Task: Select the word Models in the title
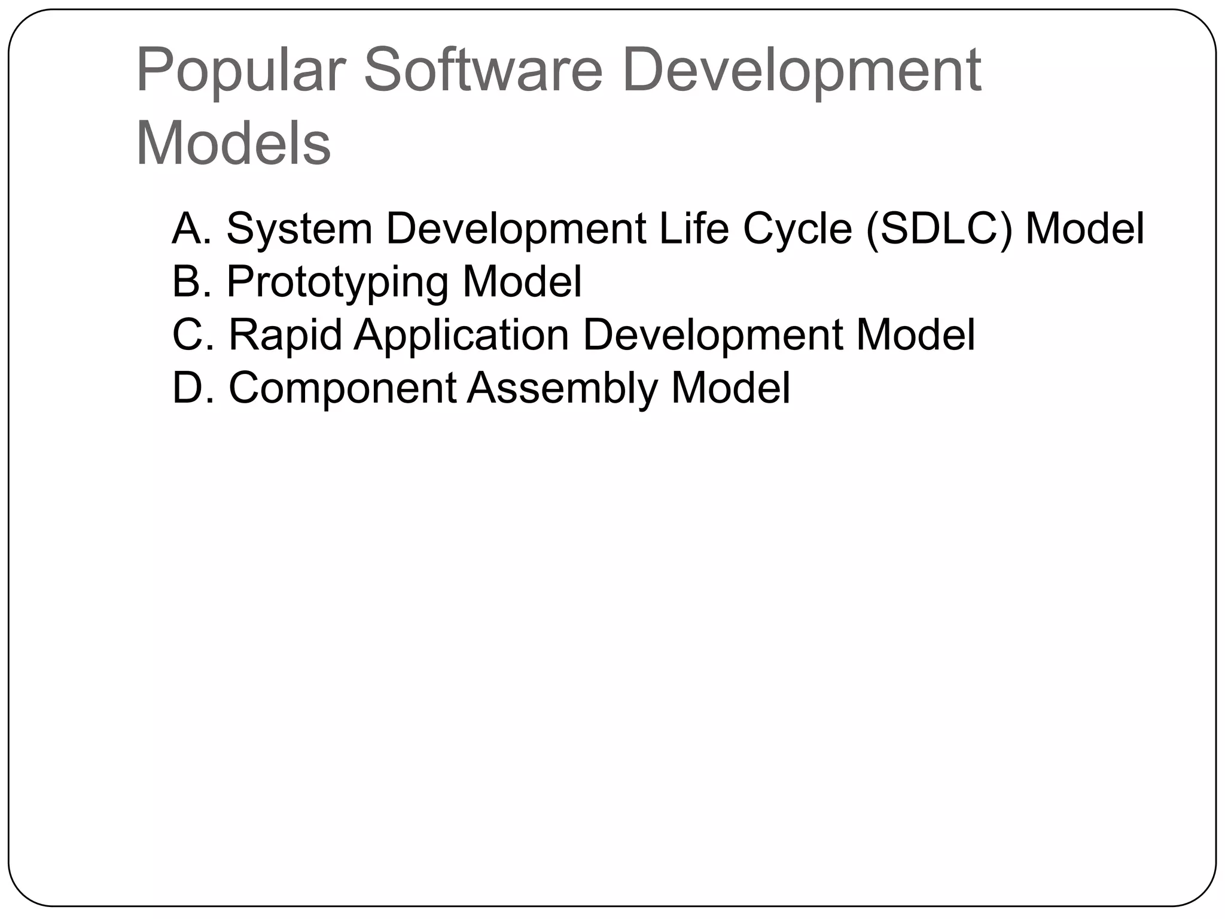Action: (233, 144)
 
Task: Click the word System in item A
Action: (299, 229)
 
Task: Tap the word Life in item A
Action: (693, 228)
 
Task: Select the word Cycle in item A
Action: (797, 229)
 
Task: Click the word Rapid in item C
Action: (285, 334)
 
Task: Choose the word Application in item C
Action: (461, 336)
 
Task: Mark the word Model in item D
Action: (730, 387)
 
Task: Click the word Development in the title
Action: (801, 71)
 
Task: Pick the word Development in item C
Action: (712, 336)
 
